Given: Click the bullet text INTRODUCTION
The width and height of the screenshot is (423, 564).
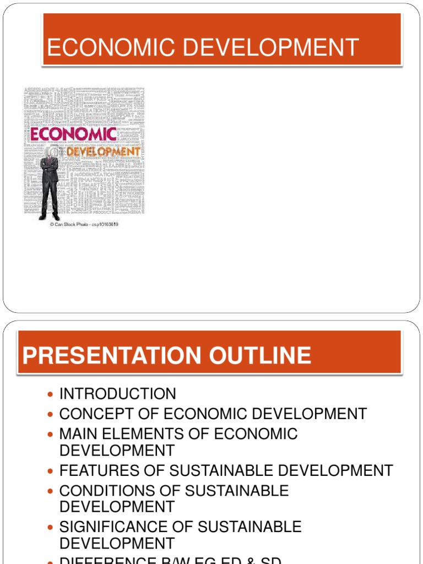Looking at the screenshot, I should tap(118, 394).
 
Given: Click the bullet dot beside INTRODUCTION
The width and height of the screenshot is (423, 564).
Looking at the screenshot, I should tap(50, 394).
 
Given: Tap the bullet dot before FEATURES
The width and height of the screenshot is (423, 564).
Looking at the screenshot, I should tap(50, 471).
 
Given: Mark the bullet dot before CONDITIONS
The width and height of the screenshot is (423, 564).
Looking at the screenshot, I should tap(50, 491).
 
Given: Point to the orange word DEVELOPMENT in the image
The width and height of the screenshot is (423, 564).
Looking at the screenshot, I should tap(103, 151).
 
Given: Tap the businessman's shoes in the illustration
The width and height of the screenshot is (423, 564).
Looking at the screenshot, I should tap(50, 218).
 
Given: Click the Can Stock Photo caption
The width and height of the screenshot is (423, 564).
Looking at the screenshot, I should tap(84, 225).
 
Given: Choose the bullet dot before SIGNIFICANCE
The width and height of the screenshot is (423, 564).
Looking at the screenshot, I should tap(50, 527).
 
